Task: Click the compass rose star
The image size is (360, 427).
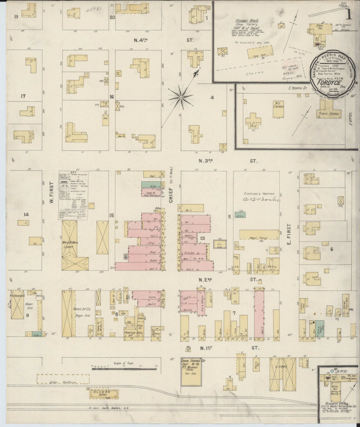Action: (x=181, y=97)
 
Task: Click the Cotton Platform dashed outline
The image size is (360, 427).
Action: (x=63, y=379)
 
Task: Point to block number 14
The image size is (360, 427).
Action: (x=26, y=215)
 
